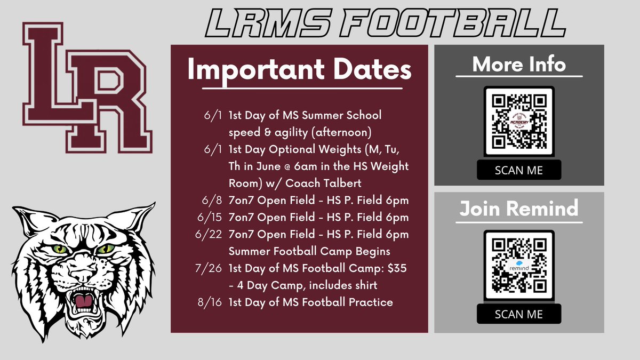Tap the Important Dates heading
pyautogui.click(x=299, y=71)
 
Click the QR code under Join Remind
pyautogui.click(x=519, y=265)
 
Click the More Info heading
pyautogui.click(x=519, y=65)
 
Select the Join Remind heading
pyautogui.click(x=519, y=208)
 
